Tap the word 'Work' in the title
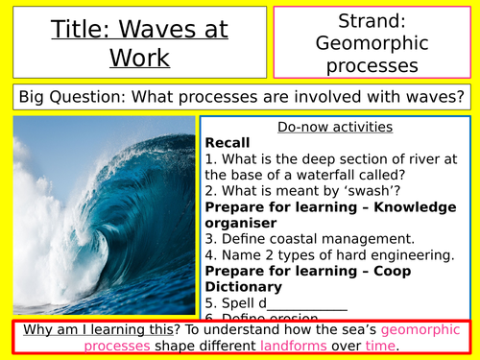pyautogui.click(x=138, y=60)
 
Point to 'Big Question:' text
pyautogui.click(x=71, y=96)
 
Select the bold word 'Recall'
pyautogui.click(x=228, y=141)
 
